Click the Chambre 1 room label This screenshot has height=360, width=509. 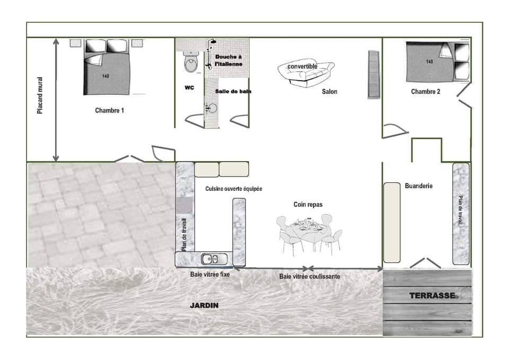pos(110,111)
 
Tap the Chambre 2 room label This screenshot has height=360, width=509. pos(425,92)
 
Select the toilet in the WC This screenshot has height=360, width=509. pos(190,63)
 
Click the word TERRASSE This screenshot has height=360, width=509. pos(432,295)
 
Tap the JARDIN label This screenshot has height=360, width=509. pos(204,306)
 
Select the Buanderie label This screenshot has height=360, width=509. pos(418,186)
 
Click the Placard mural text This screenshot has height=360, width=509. pos(40,95)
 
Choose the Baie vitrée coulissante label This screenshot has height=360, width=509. pos(310,277)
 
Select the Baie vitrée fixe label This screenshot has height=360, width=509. pos(210,275)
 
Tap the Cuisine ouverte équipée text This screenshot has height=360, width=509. pos(234,189)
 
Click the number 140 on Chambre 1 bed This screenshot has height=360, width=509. pos(106,76)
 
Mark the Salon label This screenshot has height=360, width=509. pos(329,92)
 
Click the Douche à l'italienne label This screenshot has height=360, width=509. pos(229,60)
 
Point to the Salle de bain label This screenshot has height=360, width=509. pos(233,91)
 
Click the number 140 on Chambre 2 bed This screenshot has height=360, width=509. pos(429,62)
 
